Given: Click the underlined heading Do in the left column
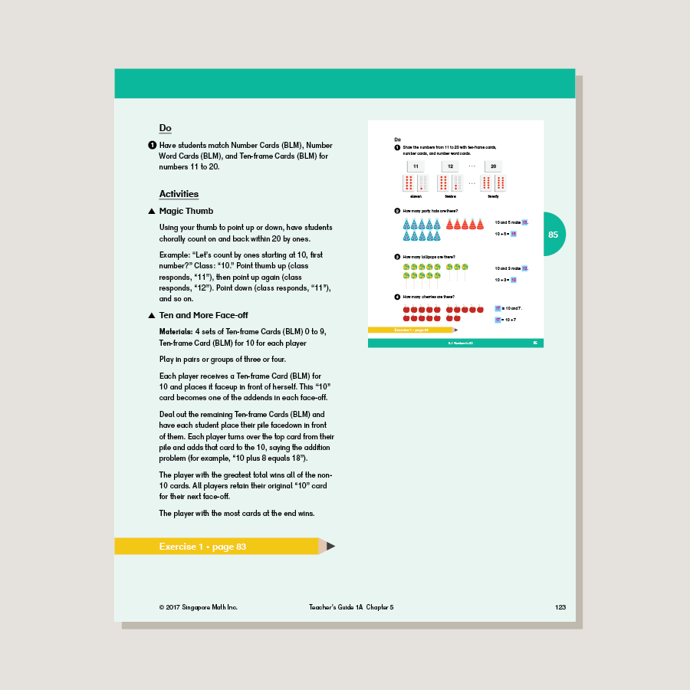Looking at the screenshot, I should tap(165, 128).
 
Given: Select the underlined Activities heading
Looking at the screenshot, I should tap(179, 194).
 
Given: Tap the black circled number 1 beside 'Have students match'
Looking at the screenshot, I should tap(152, 145).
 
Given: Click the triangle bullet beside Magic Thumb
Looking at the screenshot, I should tap(152, 212).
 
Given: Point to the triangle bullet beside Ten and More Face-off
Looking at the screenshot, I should tap(152, 316).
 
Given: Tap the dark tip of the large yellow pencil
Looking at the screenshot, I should tap(331, 547).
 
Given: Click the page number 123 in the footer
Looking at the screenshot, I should tap(560, 607).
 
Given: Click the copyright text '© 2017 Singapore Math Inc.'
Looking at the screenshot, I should tap(199, 607).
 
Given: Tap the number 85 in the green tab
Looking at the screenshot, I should tap(554, 235).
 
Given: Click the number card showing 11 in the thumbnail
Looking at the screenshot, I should tap(415, 166).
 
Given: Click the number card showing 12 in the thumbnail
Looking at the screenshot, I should tap(450, 166).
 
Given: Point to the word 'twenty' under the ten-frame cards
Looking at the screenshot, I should tap(492, 196).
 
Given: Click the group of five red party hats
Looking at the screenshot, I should tap(465, 225).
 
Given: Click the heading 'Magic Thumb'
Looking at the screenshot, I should tap(186, 211).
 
